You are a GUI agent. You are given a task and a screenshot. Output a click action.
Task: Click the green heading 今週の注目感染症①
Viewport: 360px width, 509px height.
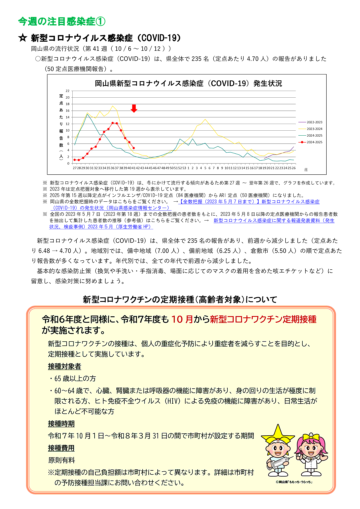62,22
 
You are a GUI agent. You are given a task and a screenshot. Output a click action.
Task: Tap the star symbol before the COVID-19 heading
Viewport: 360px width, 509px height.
23,38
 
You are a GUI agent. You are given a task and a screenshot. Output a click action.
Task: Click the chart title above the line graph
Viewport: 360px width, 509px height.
188,83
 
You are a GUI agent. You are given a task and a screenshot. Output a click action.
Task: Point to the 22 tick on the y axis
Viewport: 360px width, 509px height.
68,91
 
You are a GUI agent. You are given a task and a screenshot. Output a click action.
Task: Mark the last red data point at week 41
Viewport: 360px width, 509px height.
134,148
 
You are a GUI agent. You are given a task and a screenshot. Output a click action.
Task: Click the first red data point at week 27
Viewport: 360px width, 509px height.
74,160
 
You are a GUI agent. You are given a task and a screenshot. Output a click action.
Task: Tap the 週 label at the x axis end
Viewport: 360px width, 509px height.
306,170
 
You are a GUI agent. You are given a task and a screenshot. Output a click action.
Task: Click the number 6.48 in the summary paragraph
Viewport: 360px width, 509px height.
44,251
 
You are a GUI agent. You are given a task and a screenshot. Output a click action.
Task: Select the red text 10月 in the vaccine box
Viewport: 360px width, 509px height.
182,319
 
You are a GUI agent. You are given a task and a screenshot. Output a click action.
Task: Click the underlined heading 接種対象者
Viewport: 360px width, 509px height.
64,366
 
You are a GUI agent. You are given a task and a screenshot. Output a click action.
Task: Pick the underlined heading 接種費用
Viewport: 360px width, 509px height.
61,448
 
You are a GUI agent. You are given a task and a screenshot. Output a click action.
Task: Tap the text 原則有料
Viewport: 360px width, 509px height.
62,460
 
